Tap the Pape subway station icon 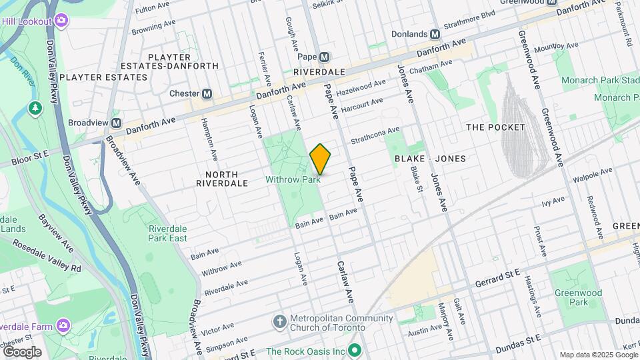pos(325,57)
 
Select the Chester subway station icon pos(207,94)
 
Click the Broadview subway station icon pos(117,123)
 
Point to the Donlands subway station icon pos(435,34)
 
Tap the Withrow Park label pos(293,179)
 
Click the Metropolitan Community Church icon pos(280,322)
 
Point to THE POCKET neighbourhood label pos(493,127)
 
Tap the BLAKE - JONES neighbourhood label pos(430,159)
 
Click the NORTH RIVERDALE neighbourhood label pos(222,177)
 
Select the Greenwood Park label pos(578,297)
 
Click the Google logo pos(21,352)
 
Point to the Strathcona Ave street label pos(375,135)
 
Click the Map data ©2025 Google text pos(599,355)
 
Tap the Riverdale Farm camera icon pos(63,325)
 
